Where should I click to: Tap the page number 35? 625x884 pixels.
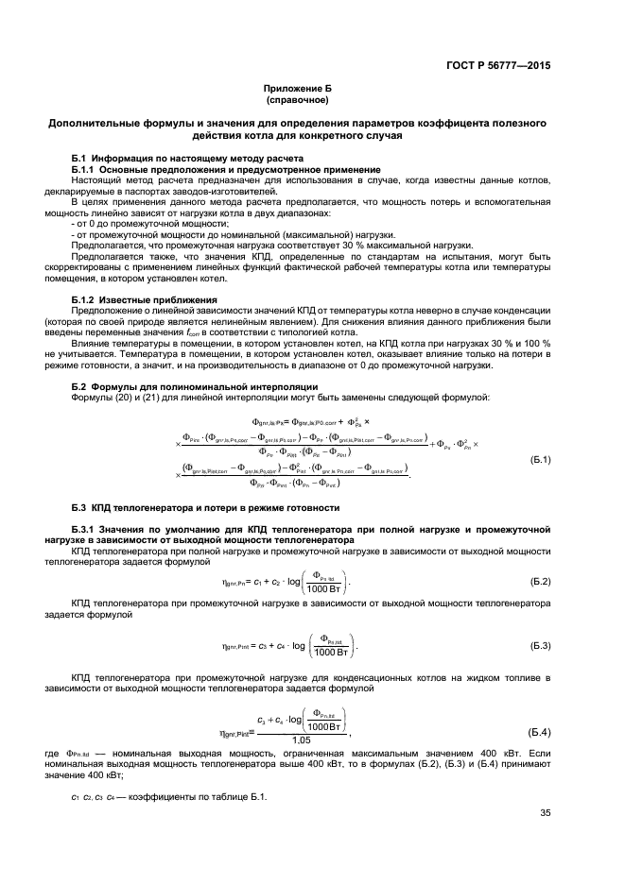tap(546, 813)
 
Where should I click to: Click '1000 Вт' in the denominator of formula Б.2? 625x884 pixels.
tap(324, 587)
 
